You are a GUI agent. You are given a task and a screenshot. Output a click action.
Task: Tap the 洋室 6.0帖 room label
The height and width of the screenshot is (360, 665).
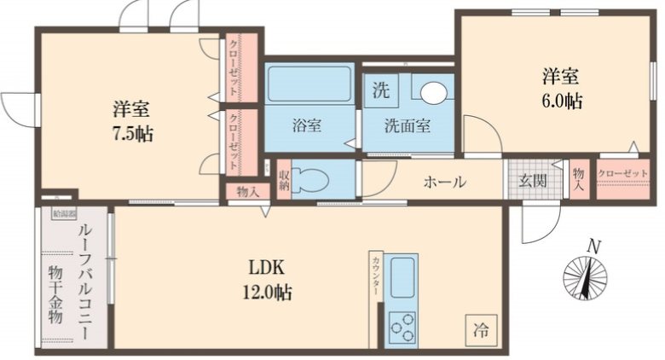point(560,88)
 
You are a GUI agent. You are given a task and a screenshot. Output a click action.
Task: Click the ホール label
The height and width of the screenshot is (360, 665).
point(444,182)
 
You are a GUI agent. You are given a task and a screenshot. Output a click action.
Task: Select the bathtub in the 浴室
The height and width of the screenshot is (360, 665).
point(309,84)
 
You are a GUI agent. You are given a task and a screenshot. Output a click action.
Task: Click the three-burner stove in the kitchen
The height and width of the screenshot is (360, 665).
point(402,327)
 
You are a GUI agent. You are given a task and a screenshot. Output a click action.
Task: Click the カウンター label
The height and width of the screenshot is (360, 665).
point(375,276)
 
